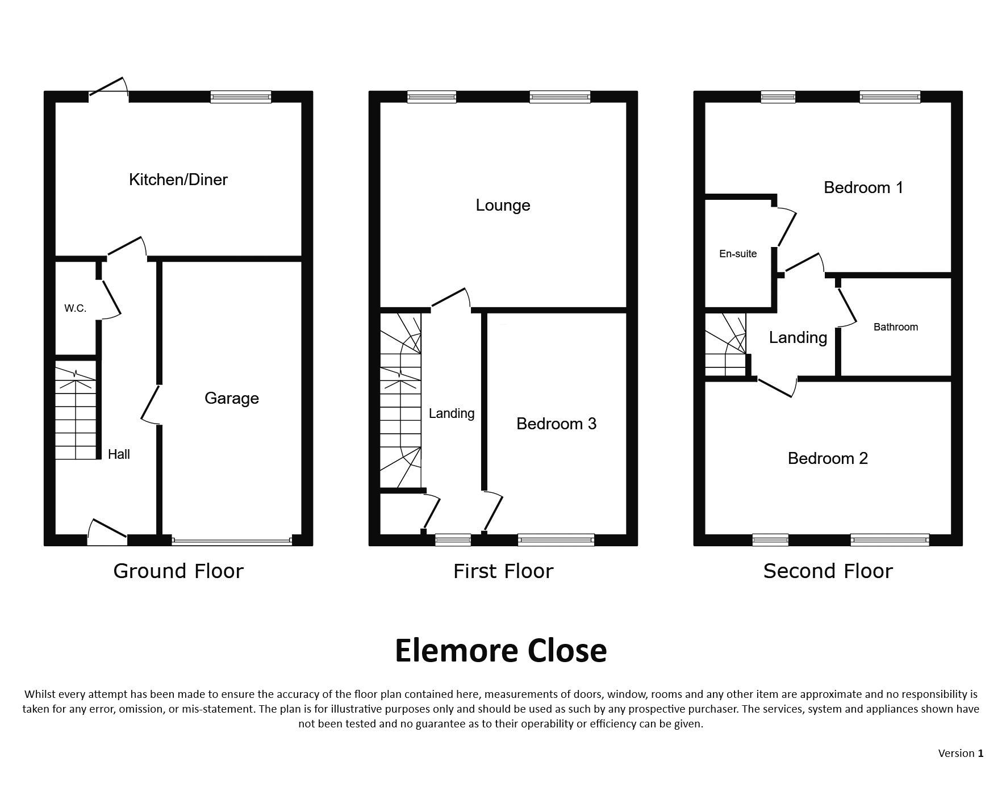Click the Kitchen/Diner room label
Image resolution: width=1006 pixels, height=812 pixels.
(x=178, y=180)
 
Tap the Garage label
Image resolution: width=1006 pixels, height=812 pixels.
(x=232, y=399)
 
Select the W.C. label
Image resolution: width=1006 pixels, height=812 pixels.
(x=75, y=308)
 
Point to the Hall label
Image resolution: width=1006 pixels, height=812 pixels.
(x=119, y=454)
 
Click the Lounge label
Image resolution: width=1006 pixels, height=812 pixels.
(x=503, y=206)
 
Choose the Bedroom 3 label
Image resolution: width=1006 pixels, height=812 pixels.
(x=557, y=424)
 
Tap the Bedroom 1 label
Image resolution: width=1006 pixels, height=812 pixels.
(x=863, y=187)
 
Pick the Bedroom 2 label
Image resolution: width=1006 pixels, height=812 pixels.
(x=828, y=458)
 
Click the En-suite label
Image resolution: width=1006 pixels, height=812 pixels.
(x=738, y=254)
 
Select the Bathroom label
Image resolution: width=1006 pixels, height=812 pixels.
(x=896, y=327)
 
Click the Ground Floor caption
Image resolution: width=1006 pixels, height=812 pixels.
(x=178, y=571)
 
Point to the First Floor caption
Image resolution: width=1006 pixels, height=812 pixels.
(x=503, y=571)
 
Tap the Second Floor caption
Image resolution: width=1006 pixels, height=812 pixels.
(x=828, y=571)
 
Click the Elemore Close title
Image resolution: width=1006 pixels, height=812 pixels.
(x=501, y=651)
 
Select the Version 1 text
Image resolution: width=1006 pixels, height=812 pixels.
(x=961, y=754)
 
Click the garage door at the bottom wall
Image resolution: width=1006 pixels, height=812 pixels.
(x=232, y=541)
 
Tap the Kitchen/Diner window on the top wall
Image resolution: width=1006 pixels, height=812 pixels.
(x=241, y=97)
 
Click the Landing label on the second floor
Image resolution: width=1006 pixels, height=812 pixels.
(x=798, y=338)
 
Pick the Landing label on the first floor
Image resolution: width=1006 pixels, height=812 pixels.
(x=452, y=413)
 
